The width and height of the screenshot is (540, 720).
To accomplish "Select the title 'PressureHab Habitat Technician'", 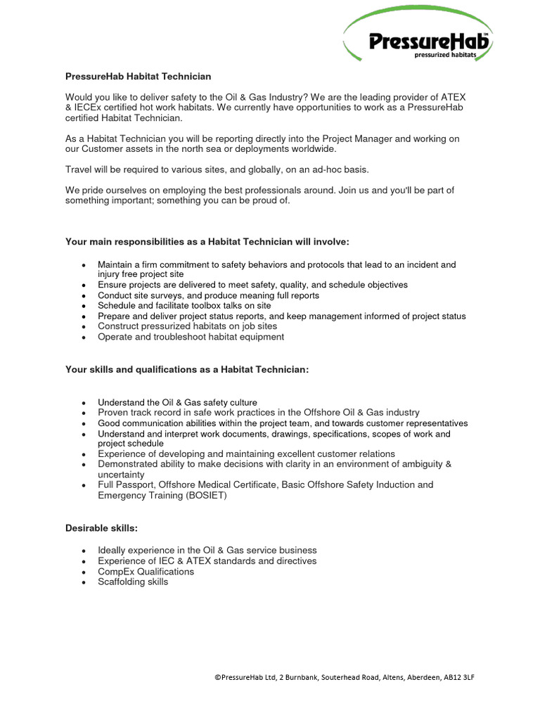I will pos(138,76).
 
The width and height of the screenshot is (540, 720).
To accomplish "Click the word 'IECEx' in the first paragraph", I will pos(90,108).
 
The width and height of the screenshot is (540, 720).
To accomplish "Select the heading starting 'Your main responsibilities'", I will pos(207,242).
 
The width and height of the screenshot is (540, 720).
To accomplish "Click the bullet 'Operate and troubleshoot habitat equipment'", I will pos(191,337).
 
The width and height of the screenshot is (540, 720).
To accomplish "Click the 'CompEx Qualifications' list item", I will pos(146,572).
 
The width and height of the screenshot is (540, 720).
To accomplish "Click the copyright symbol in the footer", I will pos(217,678).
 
